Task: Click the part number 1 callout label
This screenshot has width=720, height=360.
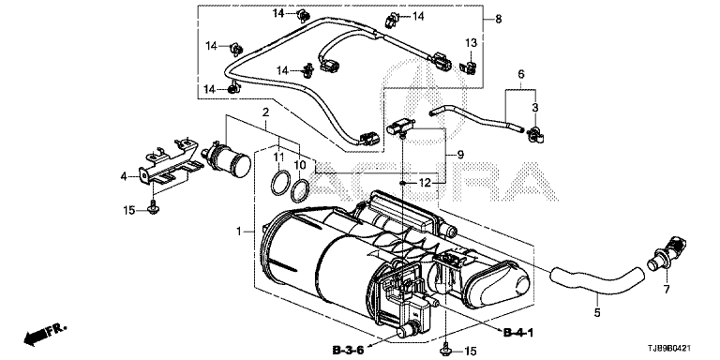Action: (239, 232)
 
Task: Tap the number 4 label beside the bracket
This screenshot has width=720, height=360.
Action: (124, 176)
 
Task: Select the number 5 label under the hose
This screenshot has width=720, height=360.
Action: (597, 313)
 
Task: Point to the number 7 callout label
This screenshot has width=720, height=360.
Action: (667, 290)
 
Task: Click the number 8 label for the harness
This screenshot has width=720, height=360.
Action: (499, 20)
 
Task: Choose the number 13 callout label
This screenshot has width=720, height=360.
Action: (472, 43)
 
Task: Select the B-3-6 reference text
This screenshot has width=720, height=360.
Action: (348, 351)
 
